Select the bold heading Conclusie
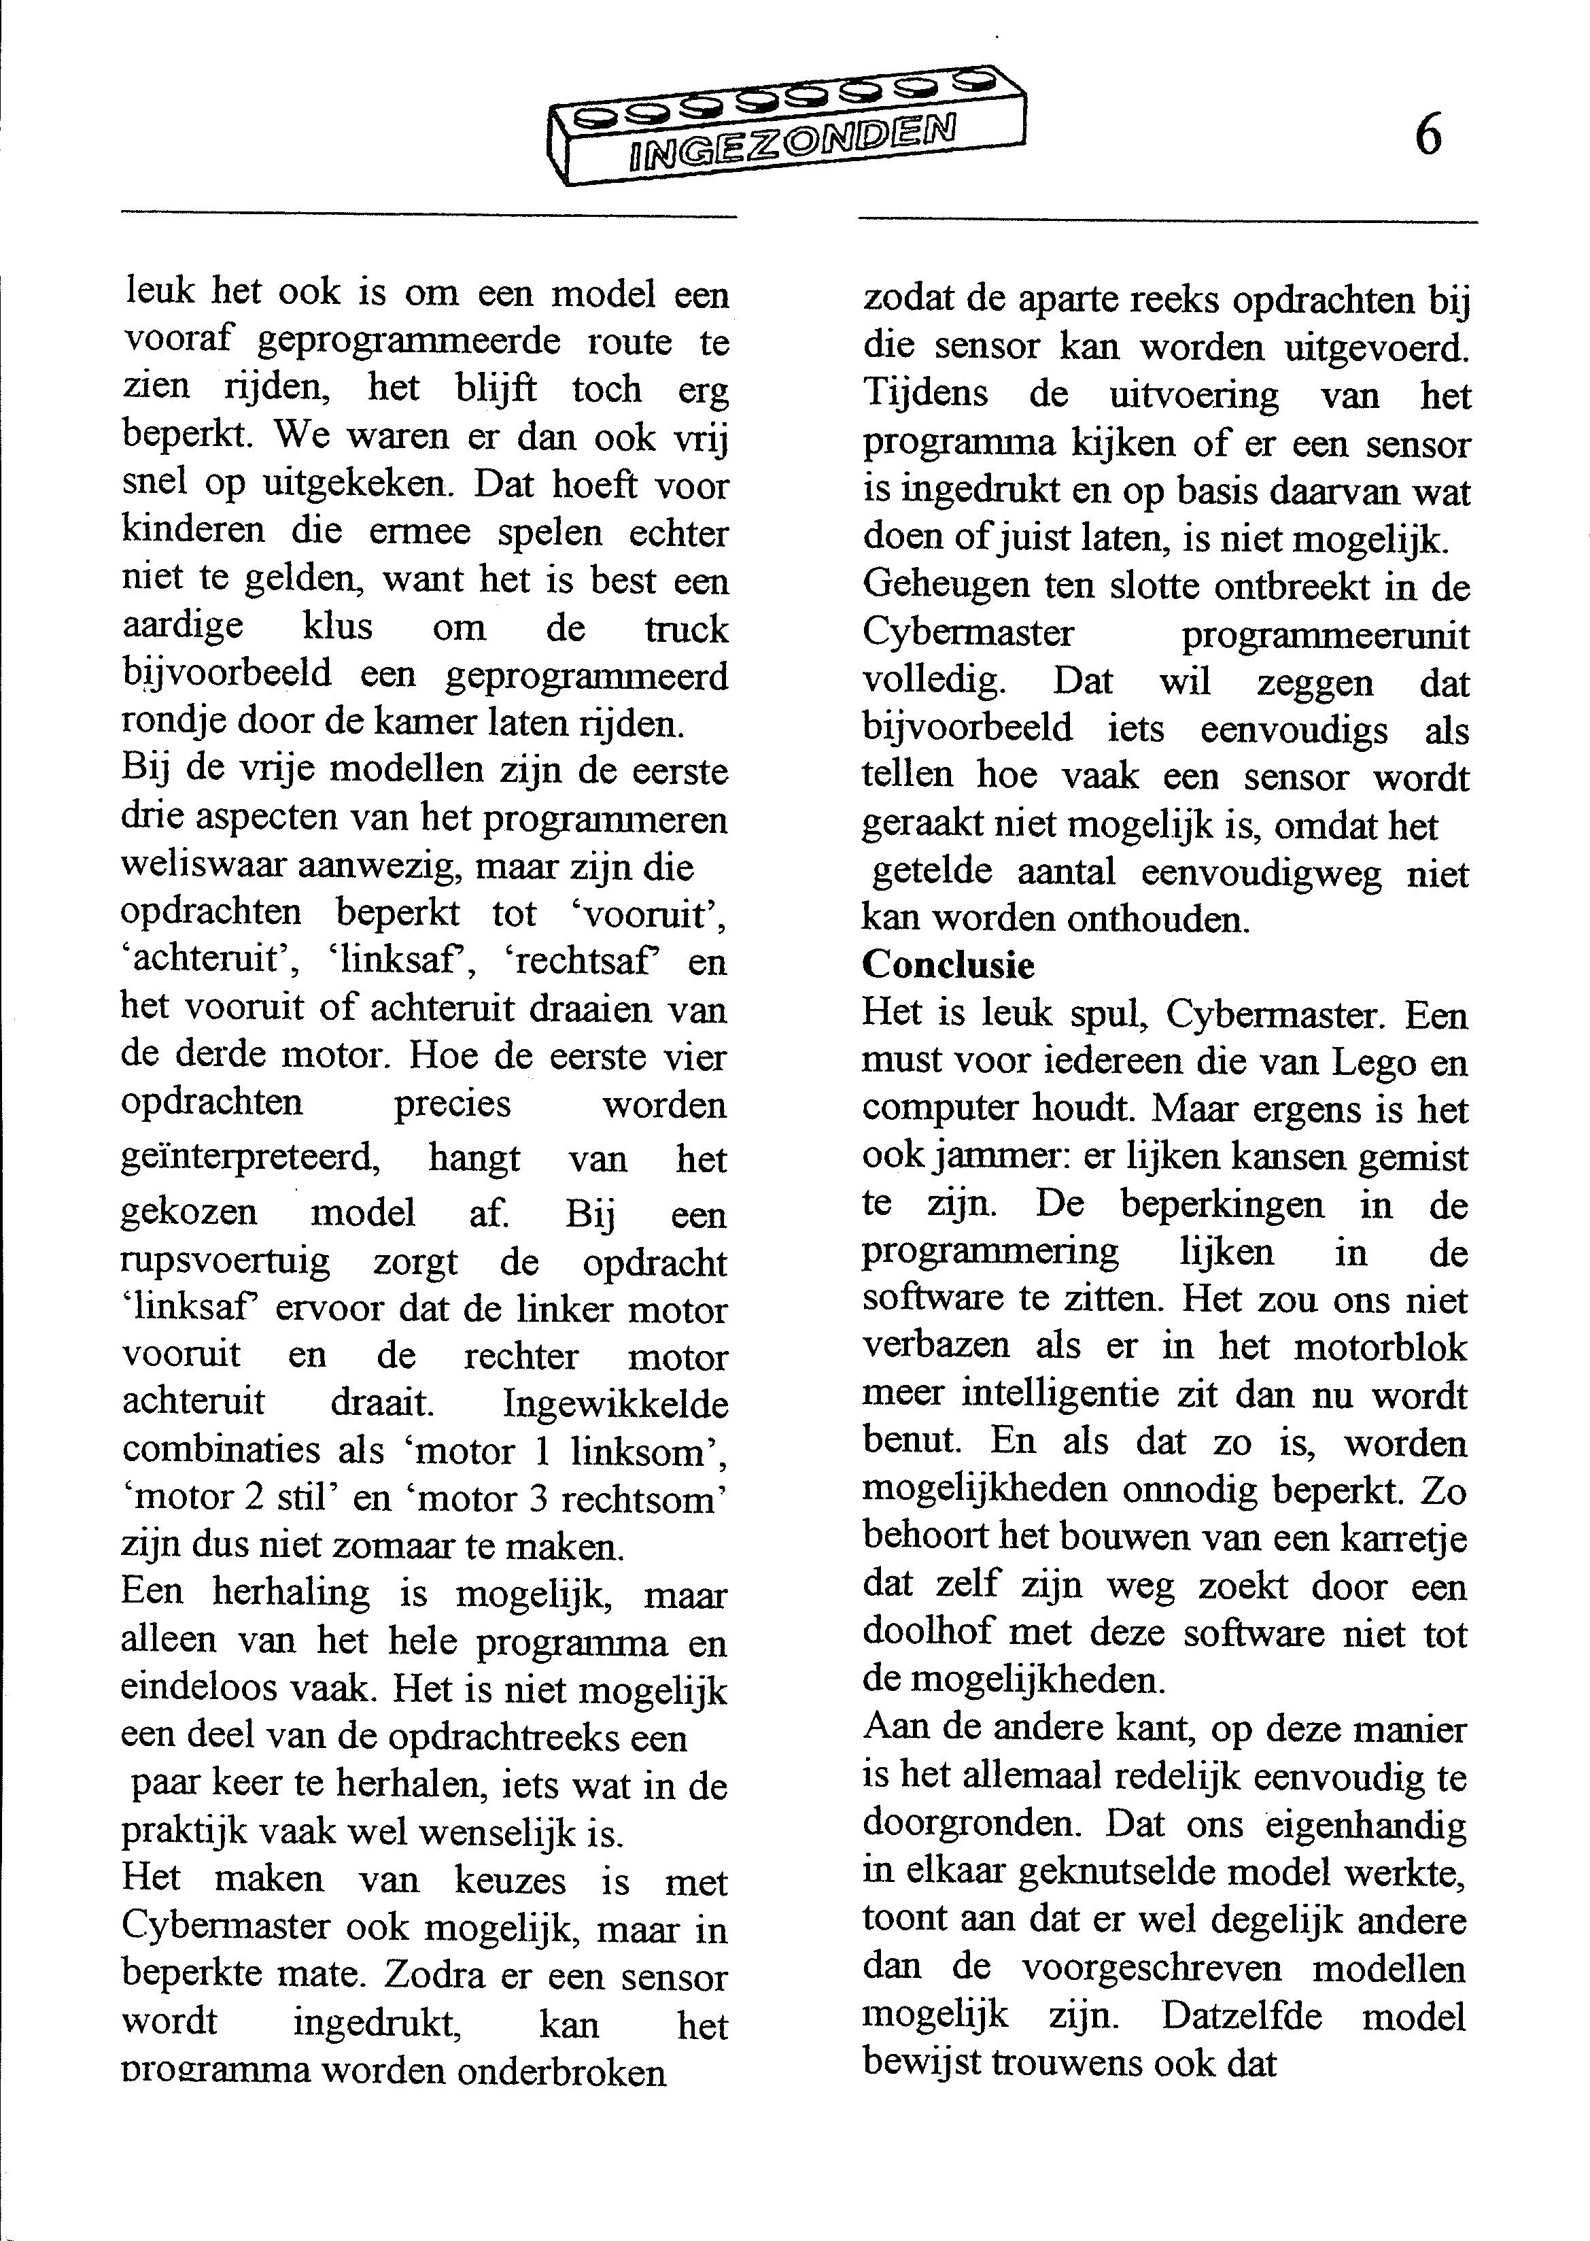[948, 965]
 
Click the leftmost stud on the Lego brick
[591, 118]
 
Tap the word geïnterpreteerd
[249, 1159]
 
